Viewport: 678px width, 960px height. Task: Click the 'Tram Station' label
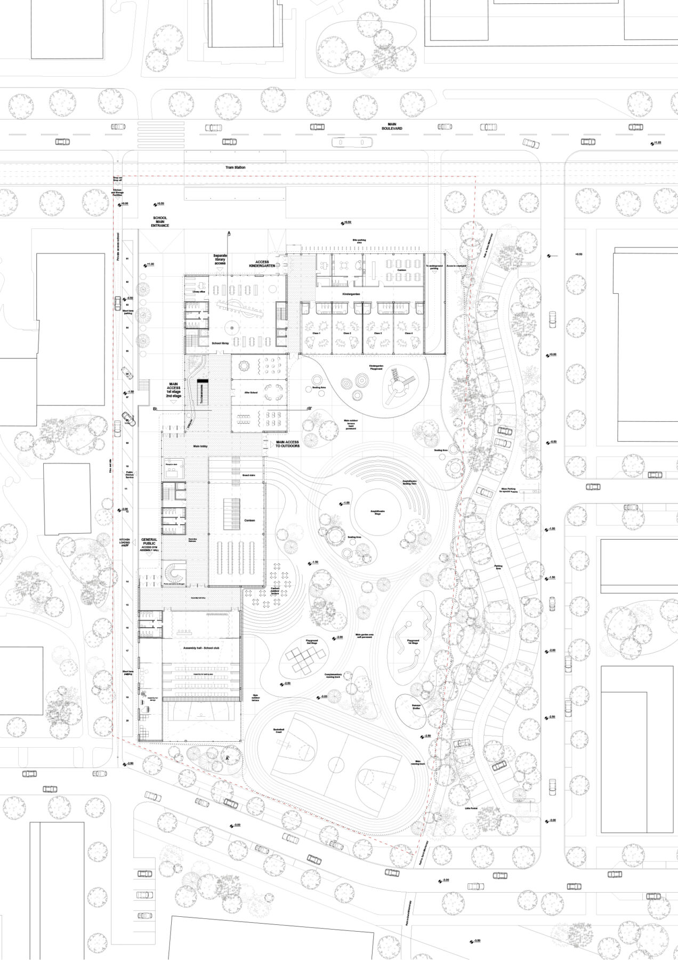pos(235,167)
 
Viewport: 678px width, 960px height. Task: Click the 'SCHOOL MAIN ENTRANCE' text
pos(159,222)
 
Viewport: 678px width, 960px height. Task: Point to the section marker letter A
pos(229,234)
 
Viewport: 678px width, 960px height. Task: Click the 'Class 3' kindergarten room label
pos(378,333)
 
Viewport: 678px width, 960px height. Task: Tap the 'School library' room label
pos(220,343)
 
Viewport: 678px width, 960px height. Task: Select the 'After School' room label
pos(251,393)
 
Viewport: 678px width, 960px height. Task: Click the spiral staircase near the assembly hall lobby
pos(175,574)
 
